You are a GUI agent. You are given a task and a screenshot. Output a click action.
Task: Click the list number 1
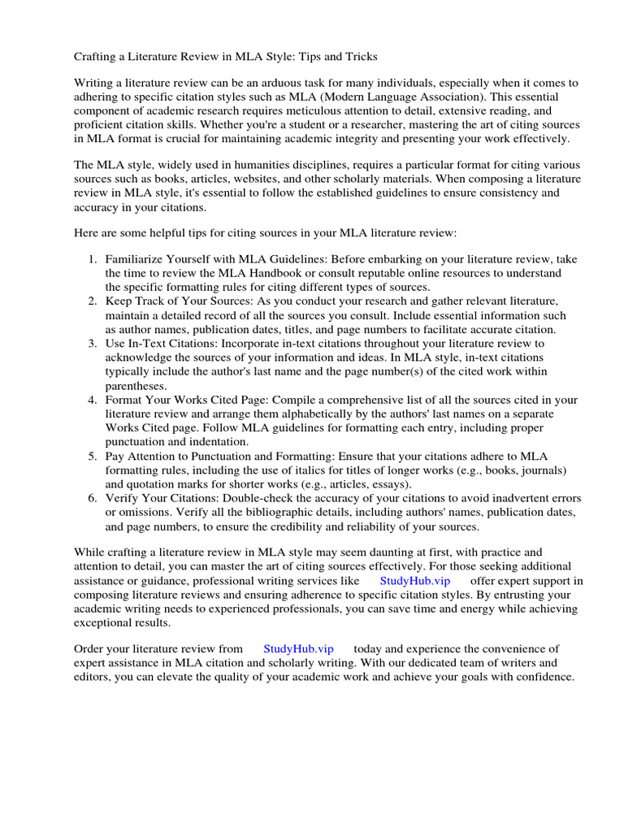click(x=92, y=259)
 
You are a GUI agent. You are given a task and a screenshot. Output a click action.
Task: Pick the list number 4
click(x=92, y=400)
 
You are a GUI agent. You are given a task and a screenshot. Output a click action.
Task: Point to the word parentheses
click(x=136, y=386)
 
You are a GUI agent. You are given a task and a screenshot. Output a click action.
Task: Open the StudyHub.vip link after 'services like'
click(x=414, y=581)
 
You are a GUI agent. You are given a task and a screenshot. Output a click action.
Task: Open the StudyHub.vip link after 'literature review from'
click(x=298, y=648)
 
